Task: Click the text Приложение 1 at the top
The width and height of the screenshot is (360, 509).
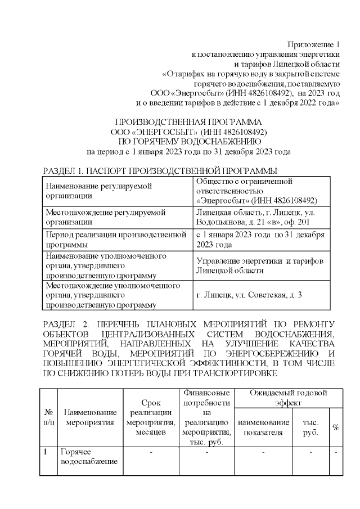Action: [x=314, y=44]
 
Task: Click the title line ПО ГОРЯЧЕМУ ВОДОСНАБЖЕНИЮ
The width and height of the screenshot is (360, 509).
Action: [x=188, y=142]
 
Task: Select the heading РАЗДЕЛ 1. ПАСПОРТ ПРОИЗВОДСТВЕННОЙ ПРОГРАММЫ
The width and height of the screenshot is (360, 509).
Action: [x=160, y=170]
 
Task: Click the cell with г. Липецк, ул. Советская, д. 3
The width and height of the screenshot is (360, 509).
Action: [x=249, y=295]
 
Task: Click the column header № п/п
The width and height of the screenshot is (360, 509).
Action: [x=49, y=417]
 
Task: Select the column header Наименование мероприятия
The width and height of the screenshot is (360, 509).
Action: [x=91, y=417]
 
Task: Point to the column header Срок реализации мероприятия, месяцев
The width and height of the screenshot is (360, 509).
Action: [x=151, y=417]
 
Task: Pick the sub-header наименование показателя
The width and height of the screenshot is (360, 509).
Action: [x=264, y=426]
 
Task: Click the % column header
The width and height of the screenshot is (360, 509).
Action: [x=336, y=427]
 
